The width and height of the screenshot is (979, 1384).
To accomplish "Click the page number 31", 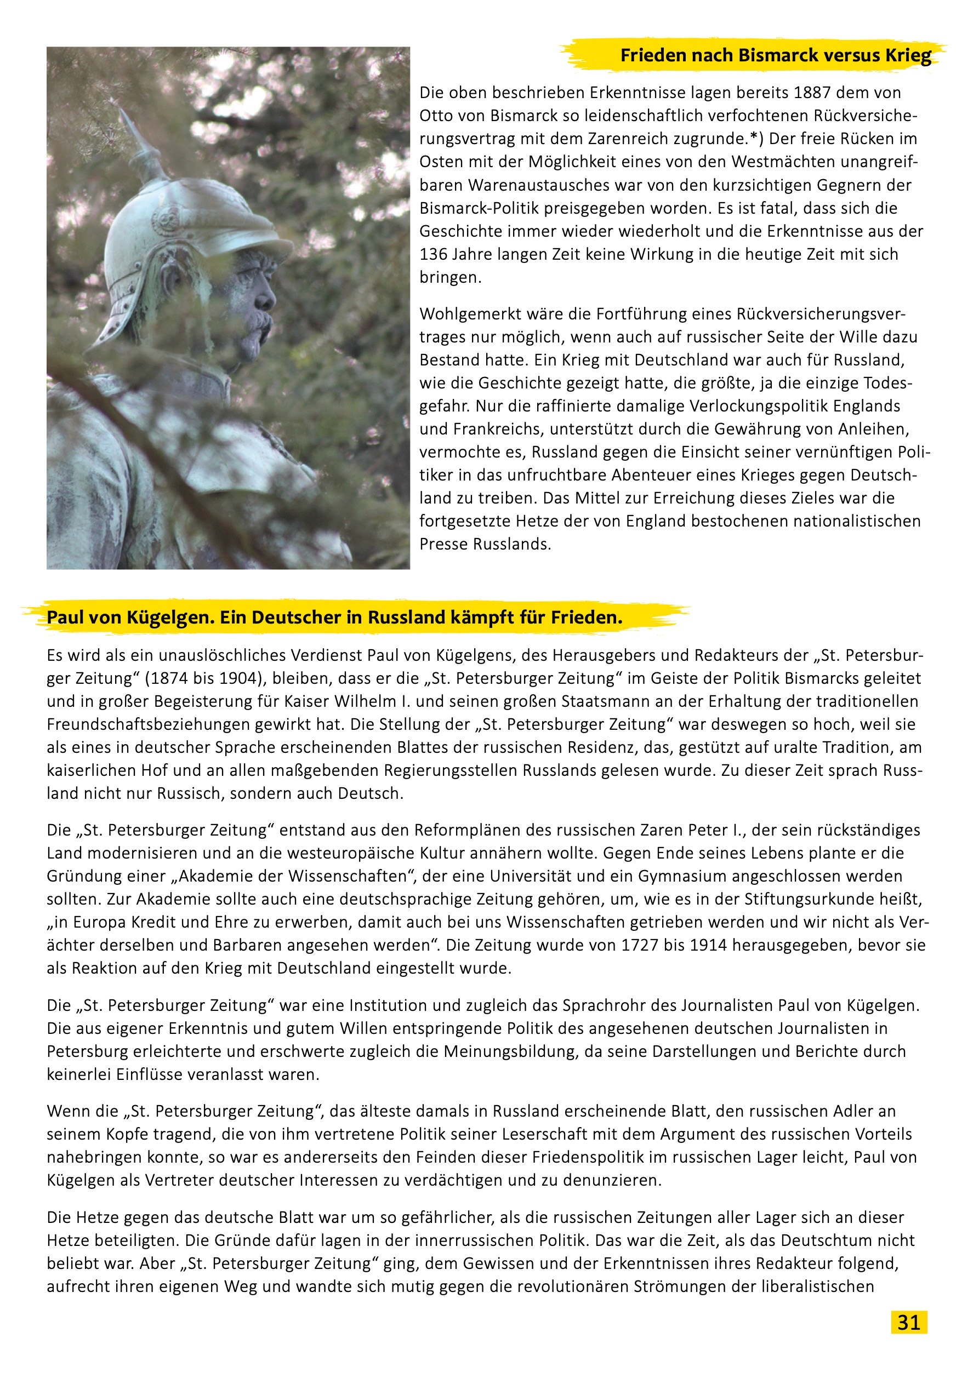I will coord(908,1322).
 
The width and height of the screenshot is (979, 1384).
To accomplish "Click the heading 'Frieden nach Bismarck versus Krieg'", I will coord(776,55).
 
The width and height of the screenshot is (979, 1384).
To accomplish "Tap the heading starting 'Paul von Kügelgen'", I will coord(334,618).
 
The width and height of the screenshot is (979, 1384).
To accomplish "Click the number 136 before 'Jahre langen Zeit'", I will coord(435,254).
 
